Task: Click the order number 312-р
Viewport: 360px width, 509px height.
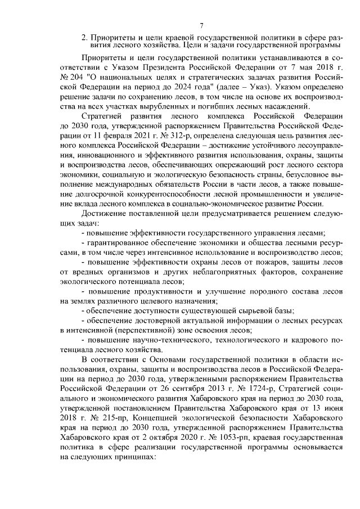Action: (178, 137)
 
